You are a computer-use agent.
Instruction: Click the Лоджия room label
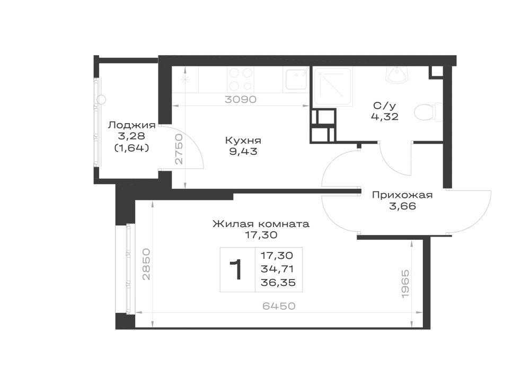(131, 125)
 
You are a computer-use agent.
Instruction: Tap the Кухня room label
(243, 141)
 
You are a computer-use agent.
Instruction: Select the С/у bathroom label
(384, 106)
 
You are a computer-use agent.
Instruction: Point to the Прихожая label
(402, 195)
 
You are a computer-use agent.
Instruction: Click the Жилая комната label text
(261, 224)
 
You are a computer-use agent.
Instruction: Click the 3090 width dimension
(241, 99)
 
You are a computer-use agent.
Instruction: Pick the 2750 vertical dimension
(179, 149)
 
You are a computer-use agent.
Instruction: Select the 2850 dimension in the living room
(146, 264)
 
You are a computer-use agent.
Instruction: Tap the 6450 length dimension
(279, 306)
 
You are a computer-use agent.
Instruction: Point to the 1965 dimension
(405, 284)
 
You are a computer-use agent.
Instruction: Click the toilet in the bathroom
(428, 111)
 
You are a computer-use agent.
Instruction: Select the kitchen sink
(296, 80)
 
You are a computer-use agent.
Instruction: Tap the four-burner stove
(241, 79)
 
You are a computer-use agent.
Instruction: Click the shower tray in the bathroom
(333, 86)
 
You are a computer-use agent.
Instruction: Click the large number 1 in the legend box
(236, 269)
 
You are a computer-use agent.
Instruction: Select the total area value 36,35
(278, 282)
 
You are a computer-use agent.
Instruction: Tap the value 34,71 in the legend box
(277, 269)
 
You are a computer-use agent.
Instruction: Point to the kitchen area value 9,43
(243, 151)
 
